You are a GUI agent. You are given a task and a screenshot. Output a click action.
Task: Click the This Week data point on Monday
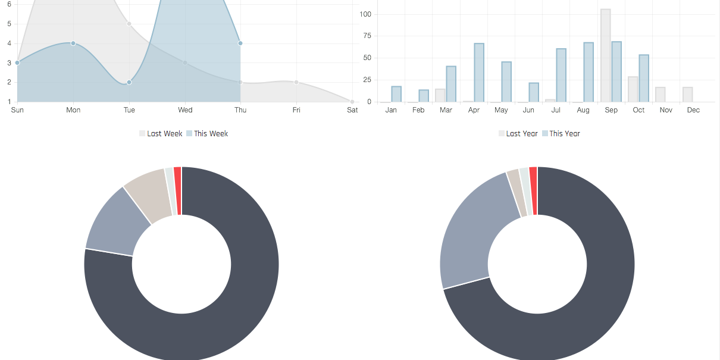click(73, 43)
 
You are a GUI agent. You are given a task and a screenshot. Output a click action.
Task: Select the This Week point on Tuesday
click(129, 82)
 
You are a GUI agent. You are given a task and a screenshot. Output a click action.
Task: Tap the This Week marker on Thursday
click(240, 43)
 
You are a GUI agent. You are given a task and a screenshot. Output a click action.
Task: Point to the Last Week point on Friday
click(296, 82)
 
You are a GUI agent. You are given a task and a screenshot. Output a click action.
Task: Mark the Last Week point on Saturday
click(352, 102)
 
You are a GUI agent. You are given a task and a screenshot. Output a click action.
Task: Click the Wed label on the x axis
click(185, 110)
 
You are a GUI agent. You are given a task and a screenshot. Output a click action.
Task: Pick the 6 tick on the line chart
click(9, 4)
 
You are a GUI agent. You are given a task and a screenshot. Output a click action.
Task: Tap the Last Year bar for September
click(606, 55)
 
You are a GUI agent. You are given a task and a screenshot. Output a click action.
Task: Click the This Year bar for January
click(396, 94)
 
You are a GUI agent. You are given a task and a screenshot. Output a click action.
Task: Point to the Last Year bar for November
click(660, 95)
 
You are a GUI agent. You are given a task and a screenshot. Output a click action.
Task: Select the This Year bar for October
click(644, 78)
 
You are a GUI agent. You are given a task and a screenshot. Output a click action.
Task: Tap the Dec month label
click(693, 110)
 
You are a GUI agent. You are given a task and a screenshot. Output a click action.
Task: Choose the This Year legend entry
click(561, 134)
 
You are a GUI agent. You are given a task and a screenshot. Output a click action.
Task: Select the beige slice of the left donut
click(148, 196)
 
